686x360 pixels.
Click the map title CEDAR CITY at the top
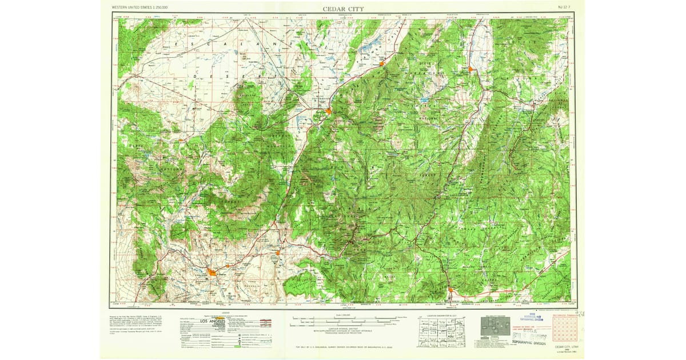click(343, 9)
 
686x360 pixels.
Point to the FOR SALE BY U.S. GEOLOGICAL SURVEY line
click(343, 347)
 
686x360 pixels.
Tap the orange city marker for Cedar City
click(329, 111)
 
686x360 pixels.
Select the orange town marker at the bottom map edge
click(451, 290)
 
